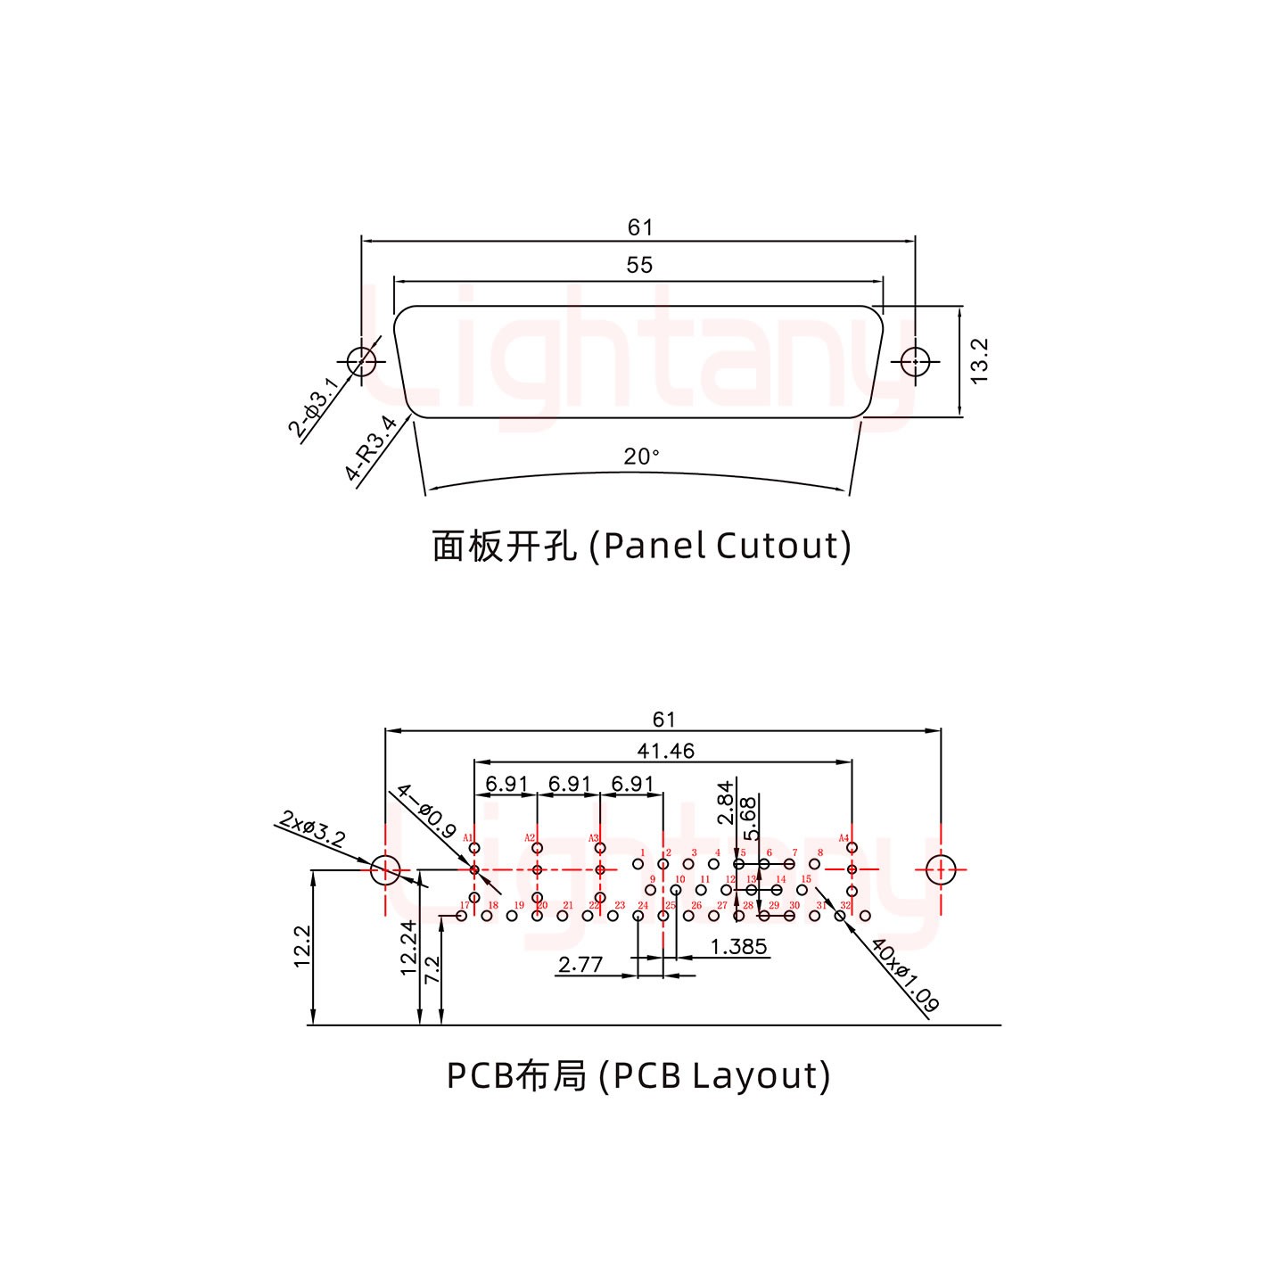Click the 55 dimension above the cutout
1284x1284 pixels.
click(x=639, y=265)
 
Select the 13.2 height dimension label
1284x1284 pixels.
click(x=980, y=361)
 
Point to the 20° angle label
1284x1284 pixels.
click(x=641, y=457)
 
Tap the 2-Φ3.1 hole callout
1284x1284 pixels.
click(x=313, y=407)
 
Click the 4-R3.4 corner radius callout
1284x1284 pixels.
click(x=371, y=449)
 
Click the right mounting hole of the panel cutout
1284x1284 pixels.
click(x=916, y=362)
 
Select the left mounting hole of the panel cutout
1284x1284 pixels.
click(x=361, y=362)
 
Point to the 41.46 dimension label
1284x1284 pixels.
click(x=665, y=751)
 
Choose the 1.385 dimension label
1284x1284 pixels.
click(x=739, y=946)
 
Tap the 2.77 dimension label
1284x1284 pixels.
click(x=580, y=964)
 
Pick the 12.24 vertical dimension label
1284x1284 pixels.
click(x=409, y=948)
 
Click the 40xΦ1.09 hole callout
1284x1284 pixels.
click(x=904, y=975)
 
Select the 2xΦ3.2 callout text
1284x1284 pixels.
click(x=312, y=828)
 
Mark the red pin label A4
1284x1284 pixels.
click(x=843, y=838)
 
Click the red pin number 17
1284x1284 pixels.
click(x=464, y=905)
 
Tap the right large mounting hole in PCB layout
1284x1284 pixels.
click(x=941, y=869)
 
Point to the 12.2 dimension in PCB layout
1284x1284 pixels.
click(x=301, y=947)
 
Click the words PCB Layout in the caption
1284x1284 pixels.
click(x=717, y=1075)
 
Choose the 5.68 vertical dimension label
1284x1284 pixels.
click(x=750, y=818)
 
